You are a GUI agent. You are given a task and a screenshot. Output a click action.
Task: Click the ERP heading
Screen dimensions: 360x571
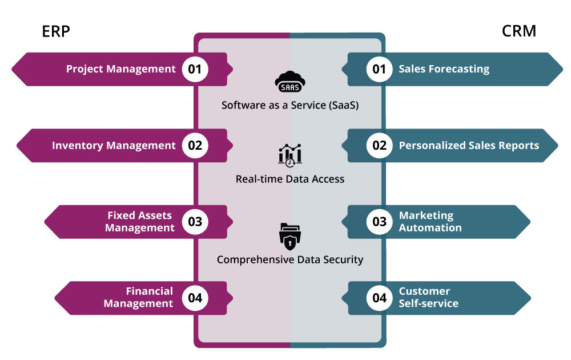[x=56, y=31]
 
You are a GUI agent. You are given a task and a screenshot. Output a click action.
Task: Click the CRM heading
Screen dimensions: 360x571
[x=519, y=31]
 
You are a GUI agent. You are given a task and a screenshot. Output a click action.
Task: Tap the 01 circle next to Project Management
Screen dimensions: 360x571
[x=195, y=70]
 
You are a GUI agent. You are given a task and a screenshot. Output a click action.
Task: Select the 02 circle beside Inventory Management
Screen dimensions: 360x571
[x=195, y=146]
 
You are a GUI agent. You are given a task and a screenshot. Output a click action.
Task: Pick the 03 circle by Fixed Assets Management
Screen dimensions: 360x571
[x=195, y=222]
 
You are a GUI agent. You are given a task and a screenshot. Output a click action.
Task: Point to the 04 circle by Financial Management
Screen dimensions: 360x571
[x=195, y=298]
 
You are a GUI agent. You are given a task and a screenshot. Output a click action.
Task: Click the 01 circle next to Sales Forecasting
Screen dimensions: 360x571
[x=380, y=70]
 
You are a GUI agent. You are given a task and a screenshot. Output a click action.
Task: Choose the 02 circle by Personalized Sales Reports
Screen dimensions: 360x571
[x=380, y=146]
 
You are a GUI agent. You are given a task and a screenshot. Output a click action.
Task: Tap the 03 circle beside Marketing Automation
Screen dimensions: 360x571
[x=380, y=222]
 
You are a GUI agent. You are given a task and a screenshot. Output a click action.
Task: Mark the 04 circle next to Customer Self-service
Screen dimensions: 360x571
[x=380, y=298]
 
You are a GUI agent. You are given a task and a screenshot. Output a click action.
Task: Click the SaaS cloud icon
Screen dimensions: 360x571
[x=290, y=82]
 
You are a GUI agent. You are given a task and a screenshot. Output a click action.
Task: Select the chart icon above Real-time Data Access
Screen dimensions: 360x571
[x=290, y=155]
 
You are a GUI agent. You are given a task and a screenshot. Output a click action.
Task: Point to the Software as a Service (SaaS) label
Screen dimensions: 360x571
[x=290, y=105]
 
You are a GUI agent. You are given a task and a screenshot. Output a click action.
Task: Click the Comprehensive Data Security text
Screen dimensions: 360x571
[x=290, y=259]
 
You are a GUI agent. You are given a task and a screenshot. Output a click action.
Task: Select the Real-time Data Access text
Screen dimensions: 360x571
[x=290, y=179]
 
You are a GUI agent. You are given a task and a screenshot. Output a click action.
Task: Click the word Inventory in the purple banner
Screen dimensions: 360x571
[x=75, y=146]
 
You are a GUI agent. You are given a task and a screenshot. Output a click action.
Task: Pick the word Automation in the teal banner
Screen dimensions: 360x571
[x=430, y=227]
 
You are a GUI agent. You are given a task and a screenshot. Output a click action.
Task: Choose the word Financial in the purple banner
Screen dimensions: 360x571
[x=150, y=291]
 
